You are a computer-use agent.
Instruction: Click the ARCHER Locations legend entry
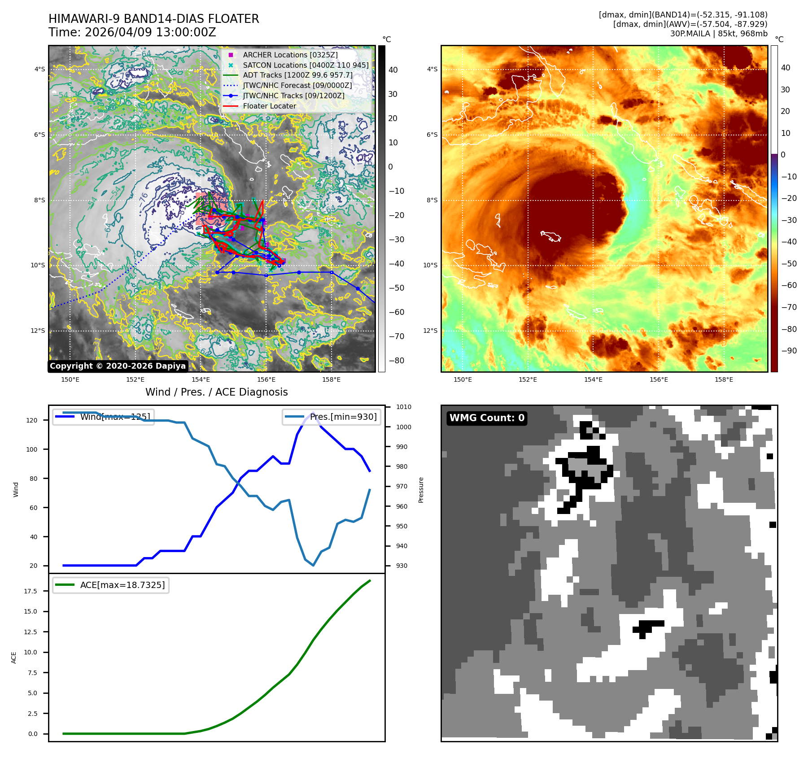click(x=290, y=55)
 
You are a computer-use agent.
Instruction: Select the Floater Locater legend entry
click(x=269, y=106)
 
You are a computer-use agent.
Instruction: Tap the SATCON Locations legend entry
click(x=306, y=65)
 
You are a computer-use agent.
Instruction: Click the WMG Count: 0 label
click(x=487, y=418)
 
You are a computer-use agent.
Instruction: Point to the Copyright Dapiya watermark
click(x=118, y=366)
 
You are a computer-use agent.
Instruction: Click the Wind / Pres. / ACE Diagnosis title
click(x=216, y=392)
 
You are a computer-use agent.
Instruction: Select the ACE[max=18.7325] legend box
click(x=111, y=585)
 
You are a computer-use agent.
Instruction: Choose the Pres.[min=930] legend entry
click(x=332, y=417)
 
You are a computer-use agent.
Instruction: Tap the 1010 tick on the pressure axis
click(x=404, y=407)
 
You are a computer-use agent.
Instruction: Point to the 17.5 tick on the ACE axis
click(x=31, y=591)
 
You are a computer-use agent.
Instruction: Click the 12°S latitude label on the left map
click(x=38, y=331)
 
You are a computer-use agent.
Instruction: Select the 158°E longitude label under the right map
click(x=724, y=380)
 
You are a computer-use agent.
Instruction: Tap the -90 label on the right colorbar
click(x=789, y=351)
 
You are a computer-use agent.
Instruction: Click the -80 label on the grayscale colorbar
click(x=396, y=361)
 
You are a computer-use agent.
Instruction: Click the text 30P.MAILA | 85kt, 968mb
click(x=719, y=34)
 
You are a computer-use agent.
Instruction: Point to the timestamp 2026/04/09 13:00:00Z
click(x=150, y=33)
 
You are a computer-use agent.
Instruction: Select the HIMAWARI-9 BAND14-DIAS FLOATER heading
click(x=153, y=19)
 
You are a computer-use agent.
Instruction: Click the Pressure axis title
click(x=421, y=490)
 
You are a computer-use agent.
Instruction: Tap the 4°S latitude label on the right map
click(x=432, y=69)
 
